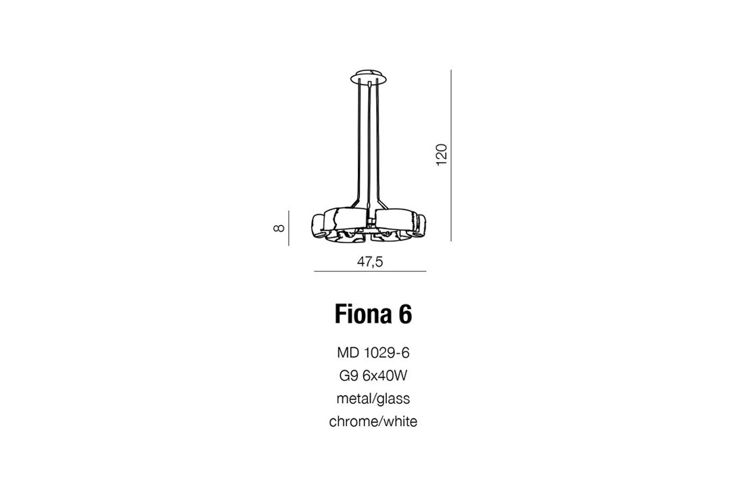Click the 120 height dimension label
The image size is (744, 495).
tap(441, 154)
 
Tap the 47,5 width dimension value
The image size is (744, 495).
tap(370, 262)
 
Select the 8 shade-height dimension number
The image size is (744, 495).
tap(279, 229)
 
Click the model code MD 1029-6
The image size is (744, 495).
tap(373, 352)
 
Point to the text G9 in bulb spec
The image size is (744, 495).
tap(348, 376)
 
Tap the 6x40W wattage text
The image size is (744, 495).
tap(385, 376)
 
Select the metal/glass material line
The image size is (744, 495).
tap(373, 399)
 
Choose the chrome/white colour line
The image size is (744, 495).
tap(373, 421)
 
